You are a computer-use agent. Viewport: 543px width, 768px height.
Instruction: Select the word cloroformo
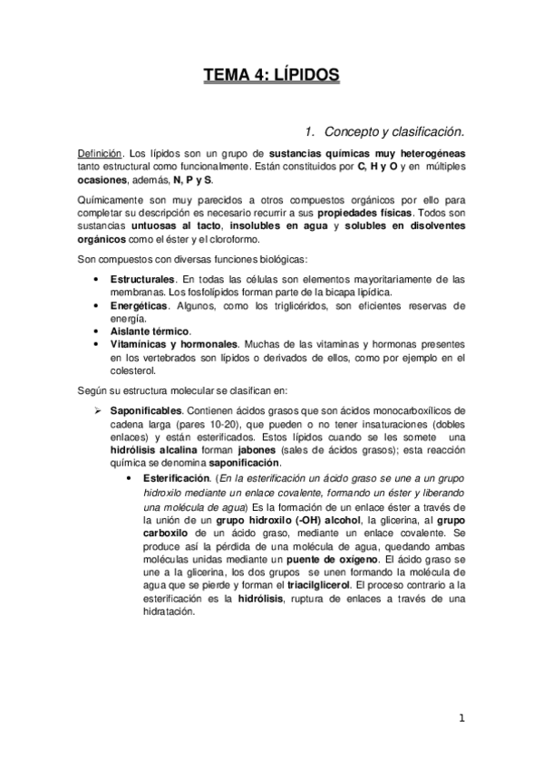coord(233,239)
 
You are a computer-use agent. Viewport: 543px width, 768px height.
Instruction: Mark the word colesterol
coord(133,370)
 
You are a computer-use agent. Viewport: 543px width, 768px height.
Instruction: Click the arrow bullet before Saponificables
coord(101,410)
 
